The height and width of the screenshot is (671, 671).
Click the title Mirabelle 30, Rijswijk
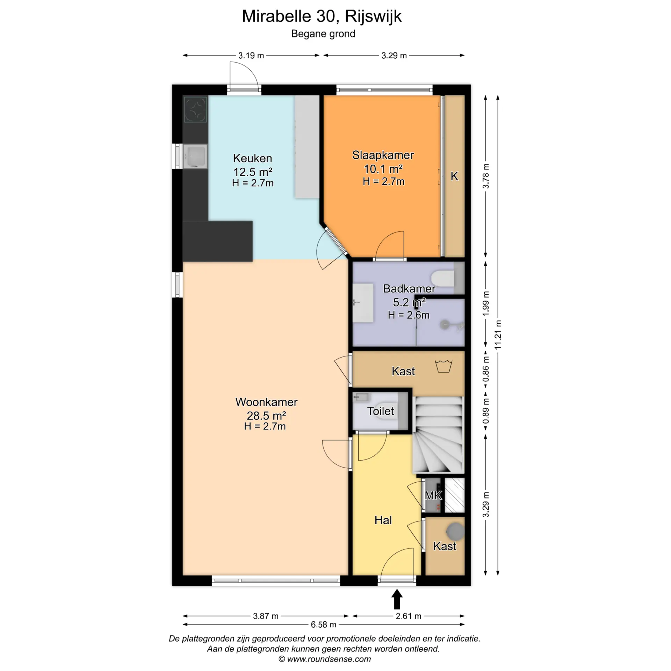click(322, 16)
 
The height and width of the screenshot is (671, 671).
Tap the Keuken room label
click(252, 158)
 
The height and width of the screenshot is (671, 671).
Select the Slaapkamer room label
click(383, 155)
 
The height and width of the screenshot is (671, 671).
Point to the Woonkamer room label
click(266, 402)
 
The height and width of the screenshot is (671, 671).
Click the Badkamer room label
click(409, 289)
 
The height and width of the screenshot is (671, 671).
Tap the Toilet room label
click(380, 411)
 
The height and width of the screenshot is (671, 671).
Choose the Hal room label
click(383, 520)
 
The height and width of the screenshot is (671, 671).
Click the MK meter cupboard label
click(433, 495)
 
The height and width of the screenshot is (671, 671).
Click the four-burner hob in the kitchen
click(195, 109)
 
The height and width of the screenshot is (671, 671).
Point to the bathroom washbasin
click(363, 303)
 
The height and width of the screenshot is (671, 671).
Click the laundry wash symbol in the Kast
click(443, 366)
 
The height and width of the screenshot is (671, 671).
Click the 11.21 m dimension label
click(498, 334)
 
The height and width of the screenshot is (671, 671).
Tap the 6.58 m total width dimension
click(324, 625)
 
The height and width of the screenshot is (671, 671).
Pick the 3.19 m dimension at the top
click(251, 56)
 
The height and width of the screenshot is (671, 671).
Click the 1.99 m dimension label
click(486, 303)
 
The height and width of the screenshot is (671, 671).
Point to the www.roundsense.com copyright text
click(325, 659)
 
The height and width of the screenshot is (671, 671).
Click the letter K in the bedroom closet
click(454, 176)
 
